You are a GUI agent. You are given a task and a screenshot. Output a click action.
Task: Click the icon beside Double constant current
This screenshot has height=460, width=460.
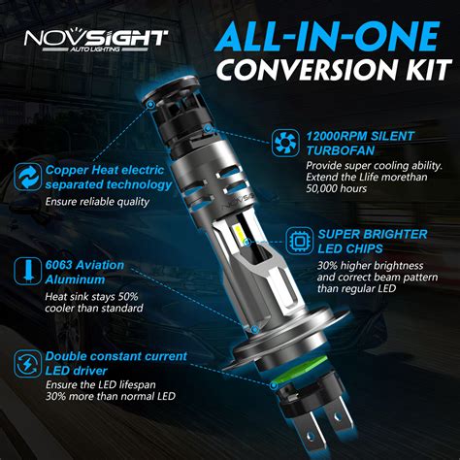[24, 363]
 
